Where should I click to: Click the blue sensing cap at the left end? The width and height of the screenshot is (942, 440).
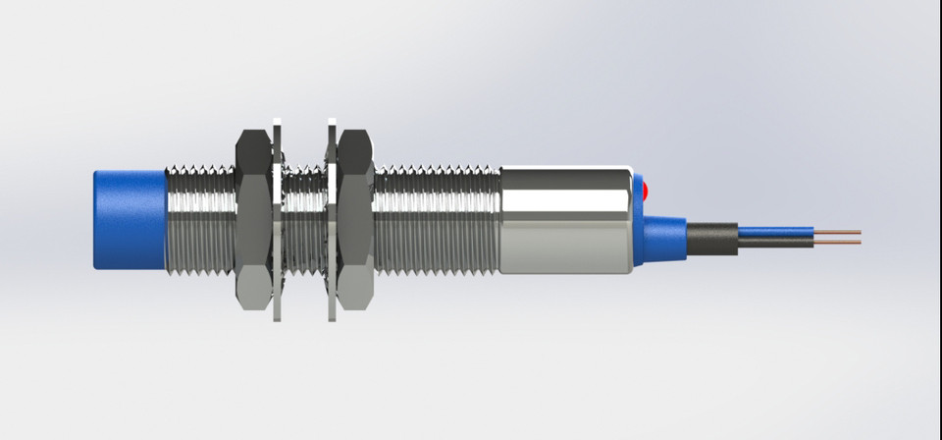[x=129, y=220]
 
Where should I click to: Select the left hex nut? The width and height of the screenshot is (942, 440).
[x=256, y=220]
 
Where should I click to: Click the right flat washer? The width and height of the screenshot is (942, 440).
[x=330, y=220]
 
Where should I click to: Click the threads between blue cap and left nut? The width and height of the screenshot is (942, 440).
[x=200, y=220]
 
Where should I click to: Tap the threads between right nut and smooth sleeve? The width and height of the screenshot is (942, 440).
[x=437, y=220]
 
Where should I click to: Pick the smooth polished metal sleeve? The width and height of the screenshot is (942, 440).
[x=564, y=220]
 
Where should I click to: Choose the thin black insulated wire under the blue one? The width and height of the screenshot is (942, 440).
[x=775, y=242]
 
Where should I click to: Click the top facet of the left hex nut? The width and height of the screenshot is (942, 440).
[x=256, y=147]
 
